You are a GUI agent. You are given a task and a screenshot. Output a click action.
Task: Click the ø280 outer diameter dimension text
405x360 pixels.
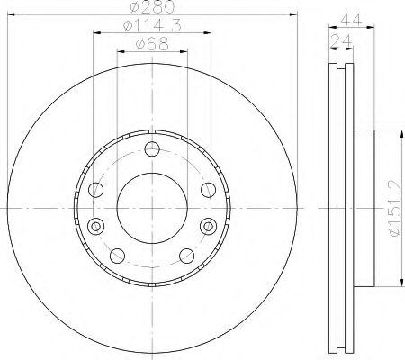click(152, 9)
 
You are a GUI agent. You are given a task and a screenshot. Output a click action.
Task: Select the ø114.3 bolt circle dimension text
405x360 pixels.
click(151, 29)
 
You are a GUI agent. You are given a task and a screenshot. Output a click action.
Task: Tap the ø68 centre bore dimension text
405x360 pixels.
click(152, 48)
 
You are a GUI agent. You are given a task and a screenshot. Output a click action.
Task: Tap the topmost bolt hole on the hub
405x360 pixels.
click(151, 148)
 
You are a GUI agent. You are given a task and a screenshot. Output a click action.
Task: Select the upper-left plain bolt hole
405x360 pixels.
click(95, 189)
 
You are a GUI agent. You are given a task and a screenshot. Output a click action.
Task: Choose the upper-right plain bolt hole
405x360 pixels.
click(208, 189)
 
